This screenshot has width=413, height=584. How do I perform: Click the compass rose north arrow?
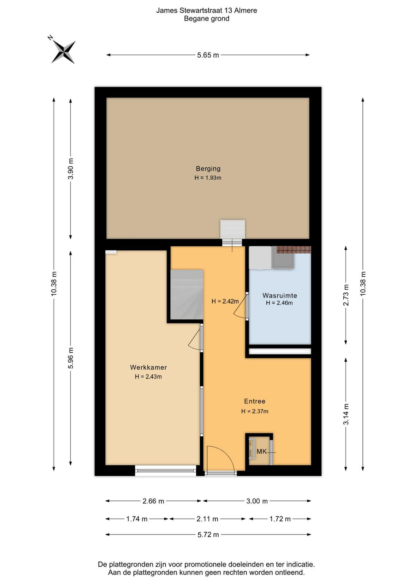click(63, 52)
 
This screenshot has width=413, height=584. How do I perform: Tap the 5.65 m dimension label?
click(208, 55)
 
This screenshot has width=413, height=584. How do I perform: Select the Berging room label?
click(208, 168)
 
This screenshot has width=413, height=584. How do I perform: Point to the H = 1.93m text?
click(208, 178)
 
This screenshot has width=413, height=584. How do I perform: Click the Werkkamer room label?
click(148, 367)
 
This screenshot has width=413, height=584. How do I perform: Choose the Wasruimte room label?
click(279, 295)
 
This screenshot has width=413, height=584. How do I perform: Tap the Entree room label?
click(255, 401)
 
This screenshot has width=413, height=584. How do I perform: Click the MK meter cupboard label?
click(262, 452)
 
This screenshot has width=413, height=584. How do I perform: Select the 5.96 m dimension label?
click(71, 358)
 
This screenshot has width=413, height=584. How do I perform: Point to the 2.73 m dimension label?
click(346, 295)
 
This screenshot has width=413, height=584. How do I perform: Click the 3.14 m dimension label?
click(346, 414)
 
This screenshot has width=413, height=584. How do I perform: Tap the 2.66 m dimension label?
click(153, 501)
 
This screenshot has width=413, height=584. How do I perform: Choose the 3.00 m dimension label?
click(257, 501)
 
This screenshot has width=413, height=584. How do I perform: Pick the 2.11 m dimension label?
click(207, 519)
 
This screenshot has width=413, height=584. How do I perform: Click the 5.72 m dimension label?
click(208, 535)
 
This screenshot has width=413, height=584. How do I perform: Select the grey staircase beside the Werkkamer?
click(186, 295)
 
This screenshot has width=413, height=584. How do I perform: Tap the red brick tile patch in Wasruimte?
click(294, 250)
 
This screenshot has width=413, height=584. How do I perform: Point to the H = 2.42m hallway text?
click(225, 301)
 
